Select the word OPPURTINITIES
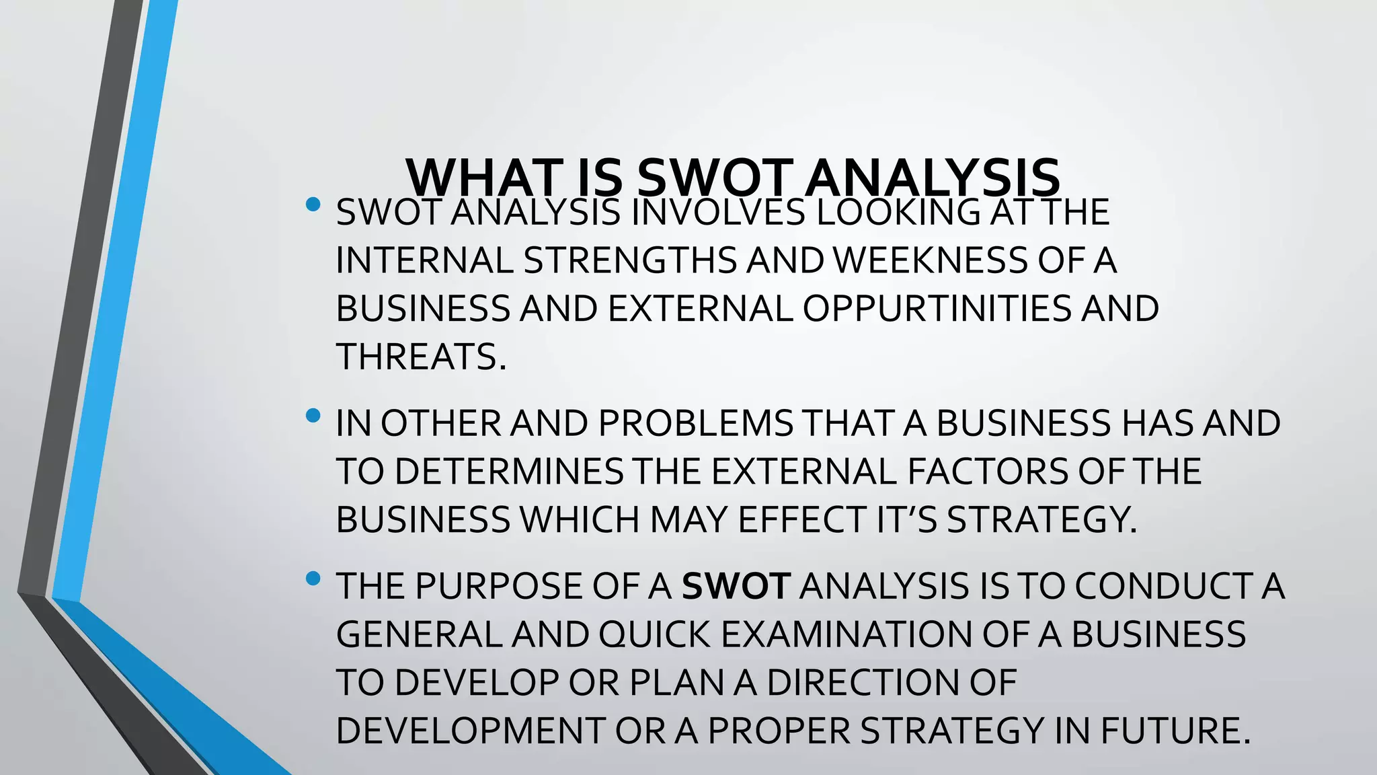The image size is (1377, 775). [x=937, y=309]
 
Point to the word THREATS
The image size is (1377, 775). [x=420, y=357]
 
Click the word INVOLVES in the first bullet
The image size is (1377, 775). [x=718, y=213]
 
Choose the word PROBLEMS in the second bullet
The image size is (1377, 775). [x=696, y=423]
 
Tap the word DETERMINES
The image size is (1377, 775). [x=509, y=471]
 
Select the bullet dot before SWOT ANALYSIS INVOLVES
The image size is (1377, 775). [x=313, y=205]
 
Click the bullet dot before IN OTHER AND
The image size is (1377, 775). [x=313, y=416]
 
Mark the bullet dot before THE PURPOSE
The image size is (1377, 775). [x=313, y=579]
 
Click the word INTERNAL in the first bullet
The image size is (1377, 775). [x=425, y=260]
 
